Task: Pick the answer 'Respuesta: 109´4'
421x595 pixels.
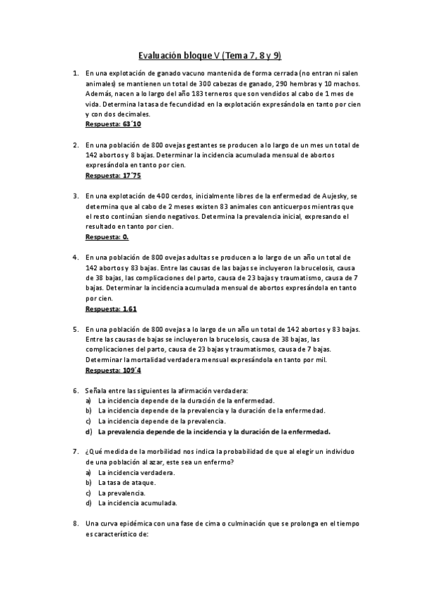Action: click(x=114, y=370)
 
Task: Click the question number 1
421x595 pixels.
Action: click(x=75, y=72)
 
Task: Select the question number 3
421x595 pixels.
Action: click(x=75, y=196)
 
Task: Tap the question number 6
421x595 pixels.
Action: click(x=75, y=390)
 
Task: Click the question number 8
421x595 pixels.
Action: click(x=75, y=523)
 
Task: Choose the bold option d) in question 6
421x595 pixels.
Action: click(x=214, y=432)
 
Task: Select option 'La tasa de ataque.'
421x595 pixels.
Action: click(x=127, y=483)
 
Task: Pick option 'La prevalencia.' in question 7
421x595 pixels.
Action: click(x=122, y=493)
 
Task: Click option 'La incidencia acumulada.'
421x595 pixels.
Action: click(x=138, y=503)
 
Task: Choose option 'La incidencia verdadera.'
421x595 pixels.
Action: click(x=136, y=472)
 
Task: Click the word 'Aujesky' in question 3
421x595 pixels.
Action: click(x=335, y=196)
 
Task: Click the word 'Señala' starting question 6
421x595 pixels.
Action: click(x=97, y=390)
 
